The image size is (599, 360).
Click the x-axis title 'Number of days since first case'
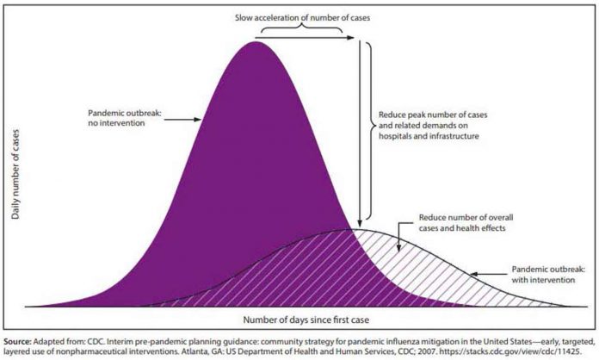coord(299,320)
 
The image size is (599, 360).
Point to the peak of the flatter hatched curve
coord(352,229)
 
